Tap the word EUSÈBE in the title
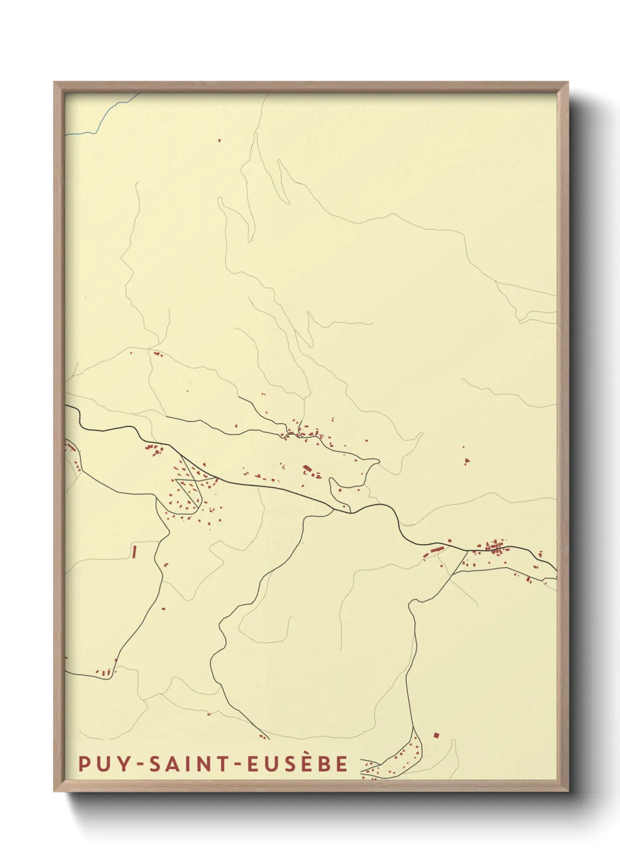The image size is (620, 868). click(x=298, y=764)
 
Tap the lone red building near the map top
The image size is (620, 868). click(x=219, y=140)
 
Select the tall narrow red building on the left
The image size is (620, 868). click(x=134, y=551)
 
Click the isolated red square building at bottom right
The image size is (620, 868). click(x=435, y=734)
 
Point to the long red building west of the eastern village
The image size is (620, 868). click(x=435, y=551)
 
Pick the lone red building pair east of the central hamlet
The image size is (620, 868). click(x=466, y=461)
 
